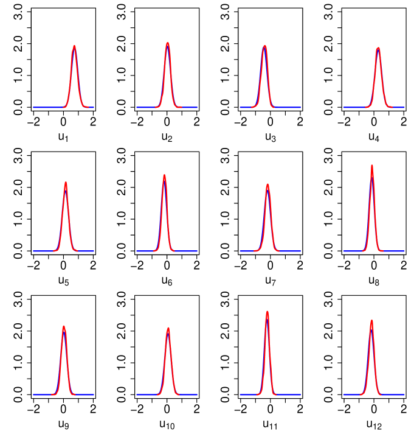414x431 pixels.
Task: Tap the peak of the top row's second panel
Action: coord(167,44)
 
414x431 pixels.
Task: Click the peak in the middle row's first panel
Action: coord(66,183)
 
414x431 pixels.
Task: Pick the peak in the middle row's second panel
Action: coord(164,176)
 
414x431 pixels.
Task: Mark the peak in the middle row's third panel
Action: coord(267,185)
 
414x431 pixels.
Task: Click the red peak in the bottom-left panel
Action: coord(64,327)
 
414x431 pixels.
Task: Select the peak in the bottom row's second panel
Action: coord(168,329)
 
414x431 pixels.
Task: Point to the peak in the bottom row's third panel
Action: coord(267,312)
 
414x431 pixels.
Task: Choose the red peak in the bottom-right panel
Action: coord(371,321)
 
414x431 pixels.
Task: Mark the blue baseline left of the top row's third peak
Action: coord(246,107)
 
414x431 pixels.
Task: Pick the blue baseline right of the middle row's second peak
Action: coord(185,251)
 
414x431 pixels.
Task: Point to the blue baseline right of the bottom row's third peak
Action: coord(289,394)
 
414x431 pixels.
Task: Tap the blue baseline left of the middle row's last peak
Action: coord(353,251)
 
